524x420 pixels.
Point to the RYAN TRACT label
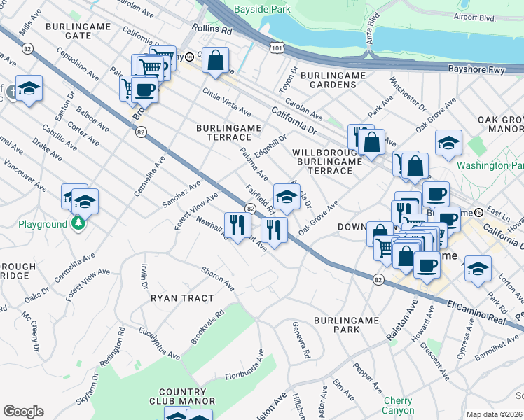(182, 298)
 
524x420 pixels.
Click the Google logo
(23, 412)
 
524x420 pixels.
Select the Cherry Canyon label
(398, 405)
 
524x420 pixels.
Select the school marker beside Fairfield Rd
(287, 197)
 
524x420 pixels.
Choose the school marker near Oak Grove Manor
(448, 143)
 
